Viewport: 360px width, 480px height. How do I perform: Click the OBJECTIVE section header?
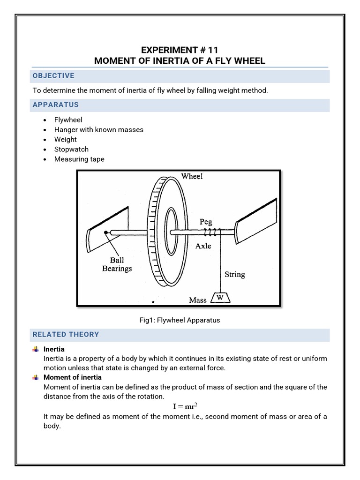point(53,76)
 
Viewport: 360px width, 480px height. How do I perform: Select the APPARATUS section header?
point(56,105)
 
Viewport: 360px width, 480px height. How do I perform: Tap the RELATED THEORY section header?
point(66,334)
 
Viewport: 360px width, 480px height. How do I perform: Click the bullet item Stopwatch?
point(72,149)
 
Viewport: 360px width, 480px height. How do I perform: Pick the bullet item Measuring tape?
point(79,159)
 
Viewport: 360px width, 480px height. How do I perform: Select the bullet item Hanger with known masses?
point(98,129)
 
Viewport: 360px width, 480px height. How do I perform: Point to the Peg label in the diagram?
point(206,221)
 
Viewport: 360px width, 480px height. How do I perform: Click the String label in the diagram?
point(234,274)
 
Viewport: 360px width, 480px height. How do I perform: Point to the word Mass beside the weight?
point(198,300)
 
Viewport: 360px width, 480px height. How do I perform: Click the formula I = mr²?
point(180,405)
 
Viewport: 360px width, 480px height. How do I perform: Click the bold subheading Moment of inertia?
point(73,377)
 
